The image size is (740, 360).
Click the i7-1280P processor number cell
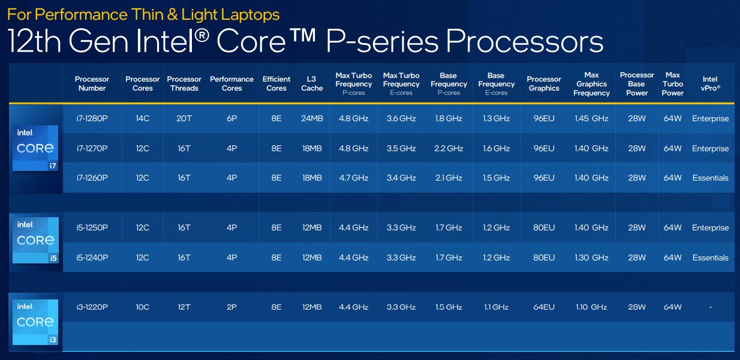(x=92, y=118)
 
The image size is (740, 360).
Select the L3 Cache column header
(x=311, y=83)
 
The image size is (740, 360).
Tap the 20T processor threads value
(x=184, y=118)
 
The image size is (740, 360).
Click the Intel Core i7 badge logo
(x=35, y=148)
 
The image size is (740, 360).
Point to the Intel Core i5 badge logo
(x=35, y=241)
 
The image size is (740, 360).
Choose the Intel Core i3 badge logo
(x=35, y=322)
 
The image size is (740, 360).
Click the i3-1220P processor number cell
(x=92, y=307)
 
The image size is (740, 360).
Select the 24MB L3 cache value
(x=312, y=118)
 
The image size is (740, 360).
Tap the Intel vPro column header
(x=710, y=83)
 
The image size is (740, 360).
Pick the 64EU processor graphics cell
(x=544, y=307)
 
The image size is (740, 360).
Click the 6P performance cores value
(x=231, y=118)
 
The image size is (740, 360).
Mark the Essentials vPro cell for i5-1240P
(x=710, y=257)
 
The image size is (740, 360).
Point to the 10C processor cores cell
(x=142, y=307)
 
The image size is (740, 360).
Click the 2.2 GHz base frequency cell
(x=449, y=148)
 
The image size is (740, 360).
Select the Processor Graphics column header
(x=544, y=83)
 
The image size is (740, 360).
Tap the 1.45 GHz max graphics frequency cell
(x=591, y=118)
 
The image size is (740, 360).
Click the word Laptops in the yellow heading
(x=251, y=14)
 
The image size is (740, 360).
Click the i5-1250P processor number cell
(x=92, y=228)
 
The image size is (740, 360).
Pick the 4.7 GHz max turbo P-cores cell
(x=353, y=178)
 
